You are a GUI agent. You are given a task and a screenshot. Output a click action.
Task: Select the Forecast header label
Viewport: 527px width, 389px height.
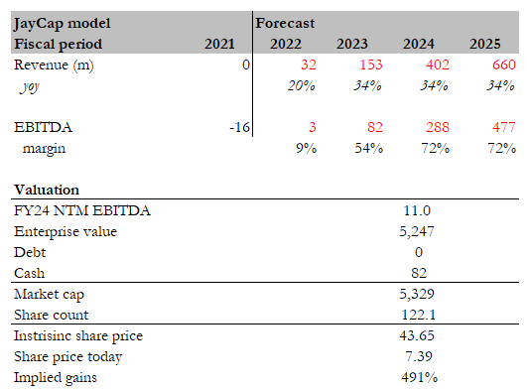(285, 21)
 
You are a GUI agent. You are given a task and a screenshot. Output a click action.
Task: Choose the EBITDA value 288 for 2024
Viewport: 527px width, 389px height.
(427, 127)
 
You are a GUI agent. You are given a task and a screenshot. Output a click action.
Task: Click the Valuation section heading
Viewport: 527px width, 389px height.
(47, 190)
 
